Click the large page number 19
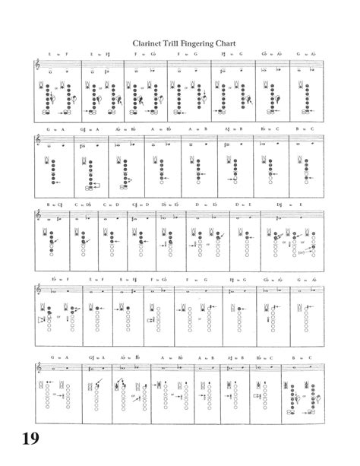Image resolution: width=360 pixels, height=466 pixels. coord(30,439)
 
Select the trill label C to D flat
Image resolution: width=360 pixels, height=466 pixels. coord(81,204)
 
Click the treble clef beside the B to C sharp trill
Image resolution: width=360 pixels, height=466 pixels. coord(40,216)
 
